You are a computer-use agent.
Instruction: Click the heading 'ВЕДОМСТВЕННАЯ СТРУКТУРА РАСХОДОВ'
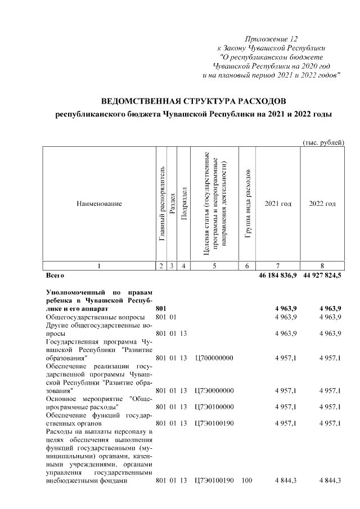click(193, 101)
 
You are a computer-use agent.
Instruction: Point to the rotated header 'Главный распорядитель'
click(161, 204)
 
